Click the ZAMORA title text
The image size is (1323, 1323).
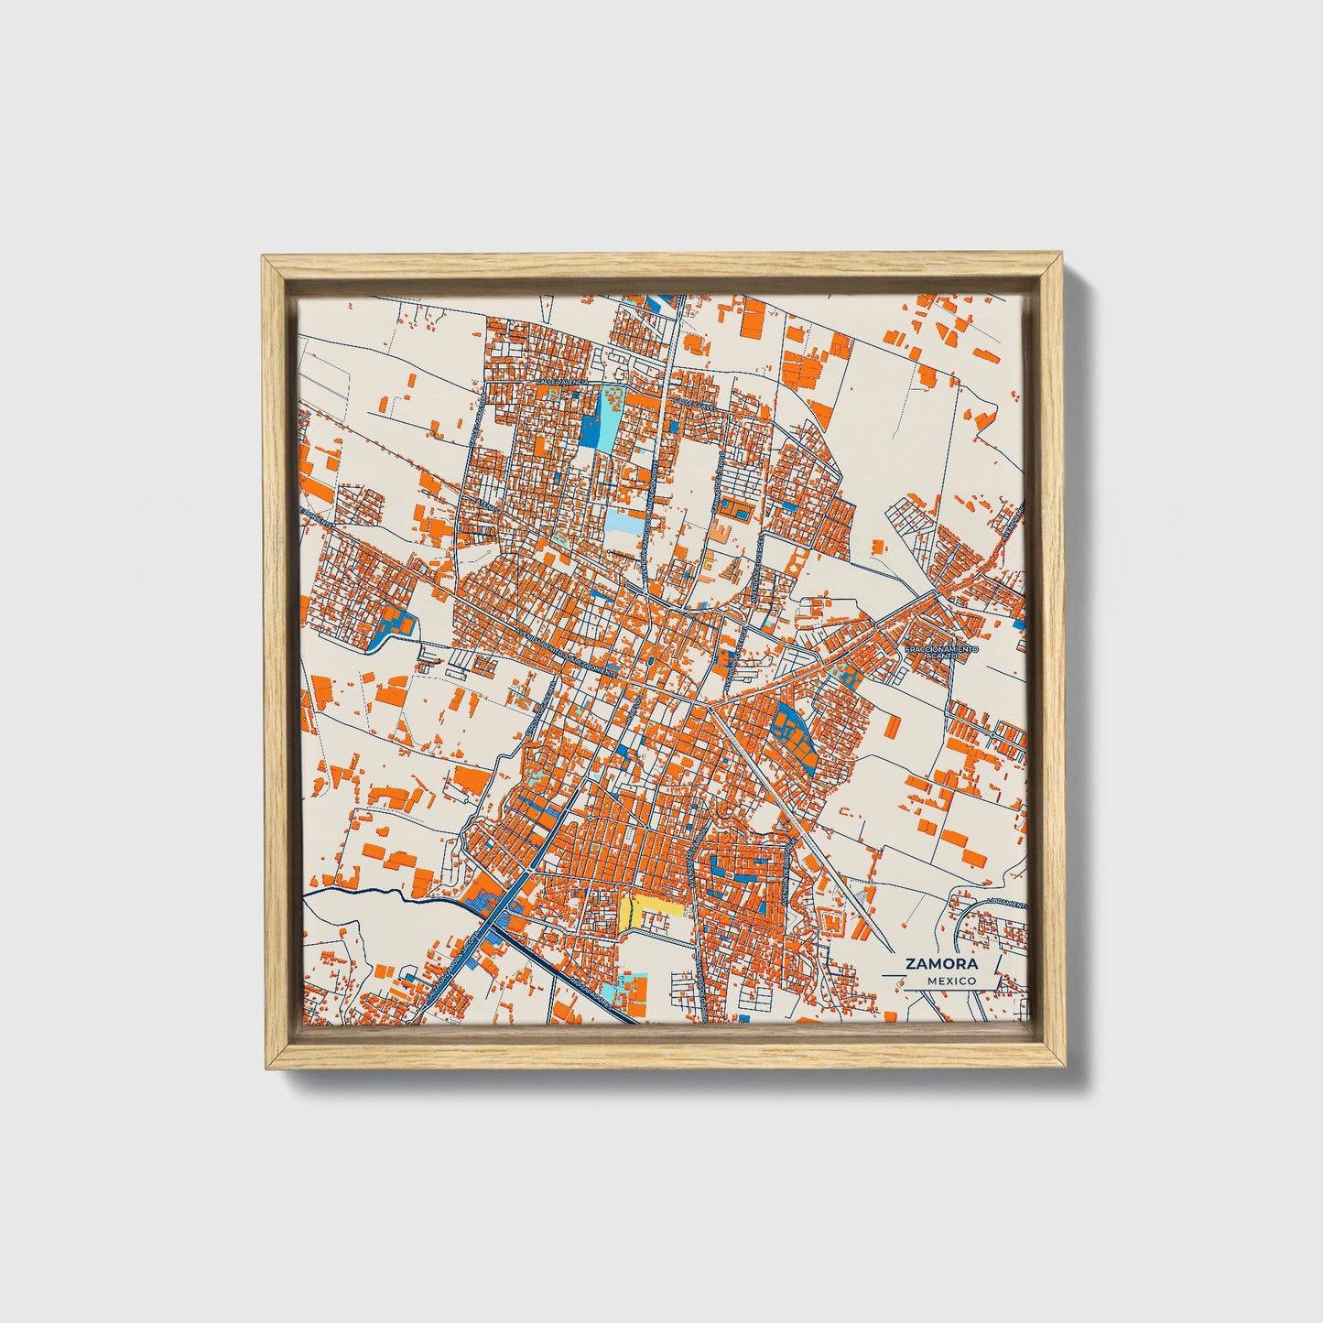click(x=941, y=964)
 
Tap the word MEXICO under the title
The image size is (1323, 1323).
click(x=950, y=981)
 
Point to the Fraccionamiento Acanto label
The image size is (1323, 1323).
click(x=941, y=652)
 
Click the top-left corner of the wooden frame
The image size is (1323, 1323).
click(x=263, y=257)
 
